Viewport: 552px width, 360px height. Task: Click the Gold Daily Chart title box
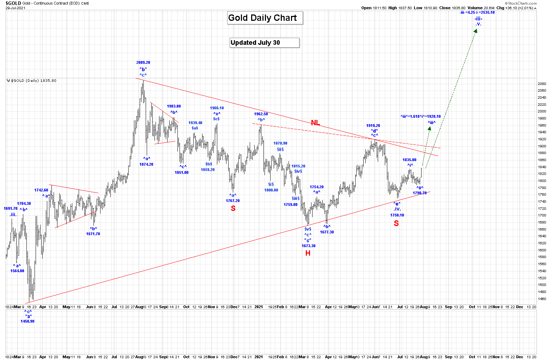click(x=262, y=18)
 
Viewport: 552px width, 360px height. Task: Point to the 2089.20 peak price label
click(x=143, y=63)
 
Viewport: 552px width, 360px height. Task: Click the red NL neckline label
click(x=315, y=123)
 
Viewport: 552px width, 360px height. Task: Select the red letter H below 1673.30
click(x=308, y=253)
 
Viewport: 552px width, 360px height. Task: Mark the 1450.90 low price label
click(x=28, y=321)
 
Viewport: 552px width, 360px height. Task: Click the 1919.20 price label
click(x=373, y=126)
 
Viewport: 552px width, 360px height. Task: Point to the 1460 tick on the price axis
click(x=542, y=299)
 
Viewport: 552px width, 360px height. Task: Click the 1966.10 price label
click(x=217, y=108)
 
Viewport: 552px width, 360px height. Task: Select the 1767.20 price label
click(x=233, y=201)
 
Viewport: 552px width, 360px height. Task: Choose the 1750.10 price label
click(x=397, y=215)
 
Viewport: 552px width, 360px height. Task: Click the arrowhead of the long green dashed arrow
click(x=475, y=31)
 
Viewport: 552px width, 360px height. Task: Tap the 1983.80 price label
click(x=174, y=106)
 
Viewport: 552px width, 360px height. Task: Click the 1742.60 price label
click(x=41, y=190)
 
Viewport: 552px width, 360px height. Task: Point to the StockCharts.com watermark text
click(x=522, y=3)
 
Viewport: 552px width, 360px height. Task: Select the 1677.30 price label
click(x=327, y=232)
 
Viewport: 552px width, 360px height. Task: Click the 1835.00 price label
click(x=410, y=160)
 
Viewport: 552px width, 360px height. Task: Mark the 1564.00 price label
click(x=17, y=271)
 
